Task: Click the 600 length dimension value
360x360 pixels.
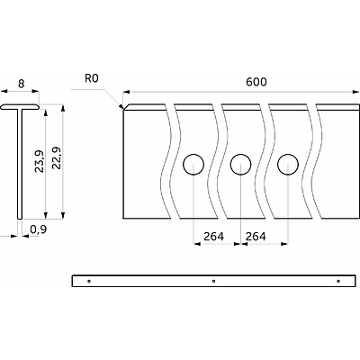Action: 256,82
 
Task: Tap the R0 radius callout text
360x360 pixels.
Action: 92,79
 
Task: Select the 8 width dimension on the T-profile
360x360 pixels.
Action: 21,84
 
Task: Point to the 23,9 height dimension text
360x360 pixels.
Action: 39,161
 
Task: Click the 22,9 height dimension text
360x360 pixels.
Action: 56,157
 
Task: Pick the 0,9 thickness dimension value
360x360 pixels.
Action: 39,229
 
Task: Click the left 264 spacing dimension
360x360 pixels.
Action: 213,237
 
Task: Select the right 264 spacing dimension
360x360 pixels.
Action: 256,237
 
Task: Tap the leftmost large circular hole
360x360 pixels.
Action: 193,165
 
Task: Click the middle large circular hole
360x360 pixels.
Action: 240,165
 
